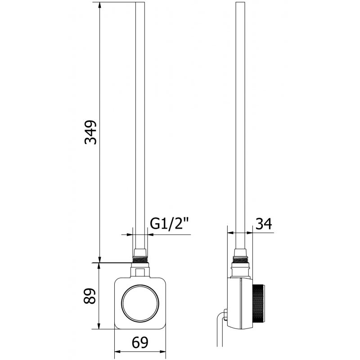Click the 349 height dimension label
(91, 132)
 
